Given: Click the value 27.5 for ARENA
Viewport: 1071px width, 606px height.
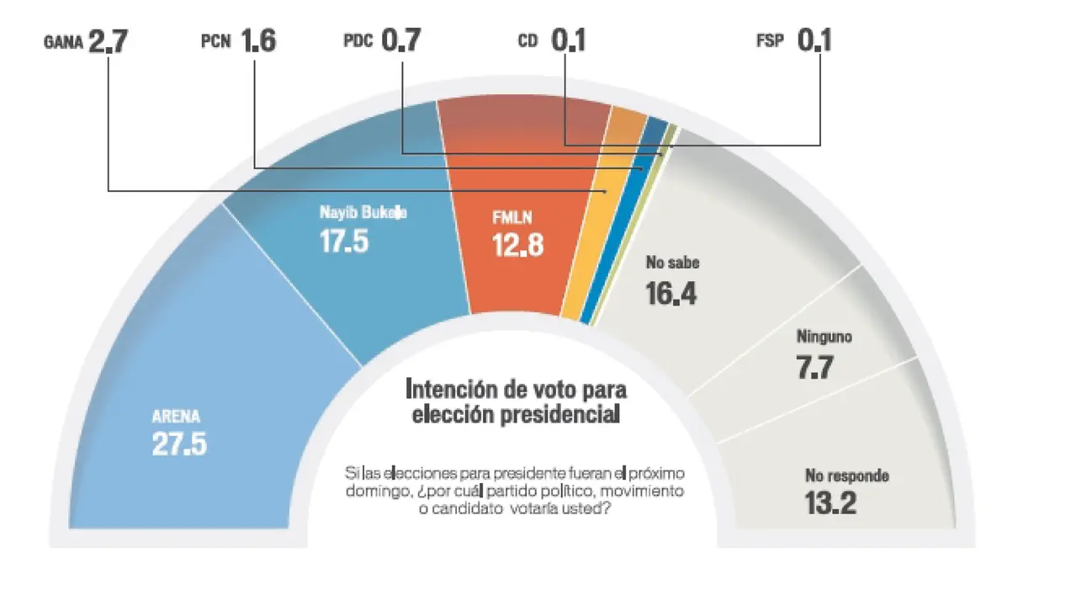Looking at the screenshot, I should [x=179, y=444].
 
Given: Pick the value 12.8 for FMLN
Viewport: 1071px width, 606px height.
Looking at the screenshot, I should [x=517, y=244].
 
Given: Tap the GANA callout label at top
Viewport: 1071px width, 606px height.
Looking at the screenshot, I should [x=64, y=43].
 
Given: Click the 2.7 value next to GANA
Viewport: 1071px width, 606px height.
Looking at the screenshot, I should [x=109, y=41].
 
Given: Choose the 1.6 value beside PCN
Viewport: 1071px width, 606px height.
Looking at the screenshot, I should [x=258, y=41].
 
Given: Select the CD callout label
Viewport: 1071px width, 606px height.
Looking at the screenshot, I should [x=528, y=41].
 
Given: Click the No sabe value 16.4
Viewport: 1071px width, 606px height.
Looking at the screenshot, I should [x=671, y=292].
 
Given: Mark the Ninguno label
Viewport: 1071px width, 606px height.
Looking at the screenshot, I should [x=824, y=337].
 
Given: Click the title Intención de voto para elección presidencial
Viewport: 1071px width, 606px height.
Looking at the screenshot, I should [x=516, y=401].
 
